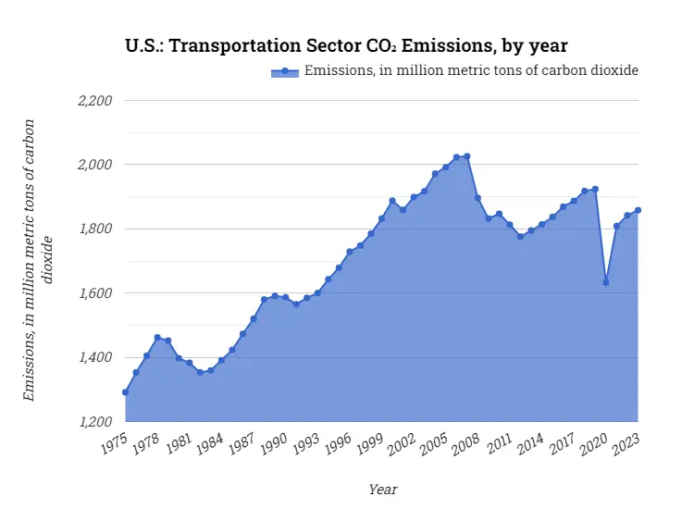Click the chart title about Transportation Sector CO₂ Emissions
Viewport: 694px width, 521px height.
click(x=346, y=44)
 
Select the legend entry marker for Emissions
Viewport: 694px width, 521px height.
click(x=286, y=71)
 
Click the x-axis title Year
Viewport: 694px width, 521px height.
click(x=382, y=490)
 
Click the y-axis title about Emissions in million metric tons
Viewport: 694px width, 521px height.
click(x=38, y=260)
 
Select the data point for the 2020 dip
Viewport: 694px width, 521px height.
click(x=606, y=282)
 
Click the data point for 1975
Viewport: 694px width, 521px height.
click(x=125, y=392)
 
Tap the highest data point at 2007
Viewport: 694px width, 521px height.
click(x=467, y=156)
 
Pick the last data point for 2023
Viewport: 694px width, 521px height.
click(x=638, y=210)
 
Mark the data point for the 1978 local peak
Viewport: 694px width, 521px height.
click(x=157, y=338)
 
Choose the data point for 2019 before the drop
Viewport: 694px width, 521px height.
click(x=595, y=189)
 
